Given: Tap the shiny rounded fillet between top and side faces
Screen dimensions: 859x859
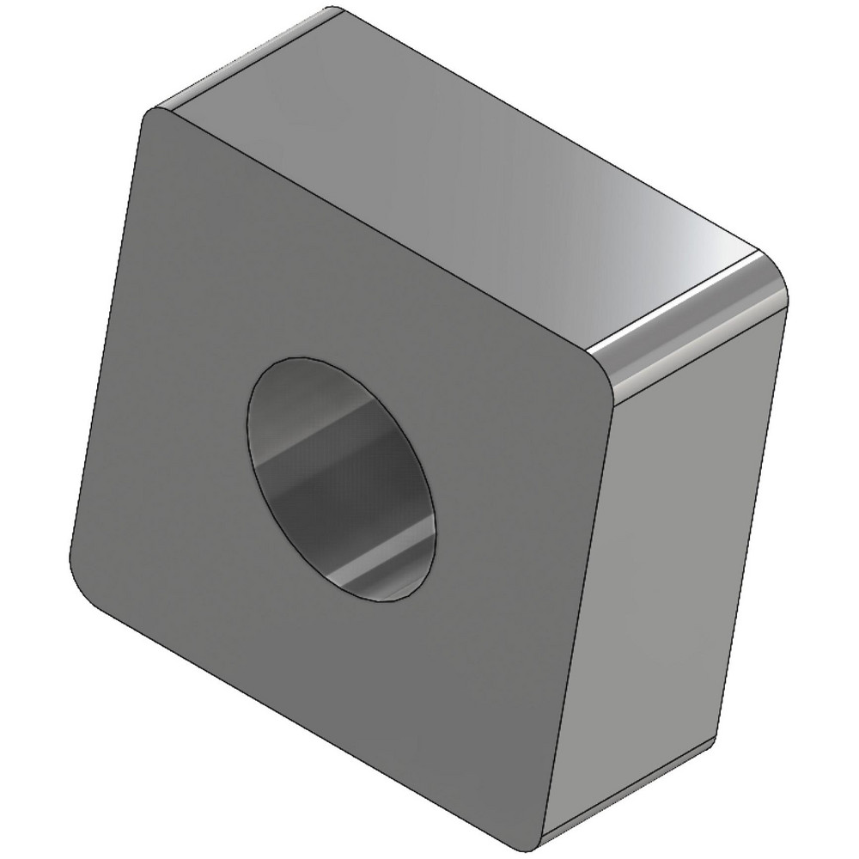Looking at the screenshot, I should pyautogui.click(x=687, y=318).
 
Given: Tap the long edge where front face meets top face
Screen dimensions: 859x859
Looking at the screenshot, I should pyautogui.click(x=378, y=232).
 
